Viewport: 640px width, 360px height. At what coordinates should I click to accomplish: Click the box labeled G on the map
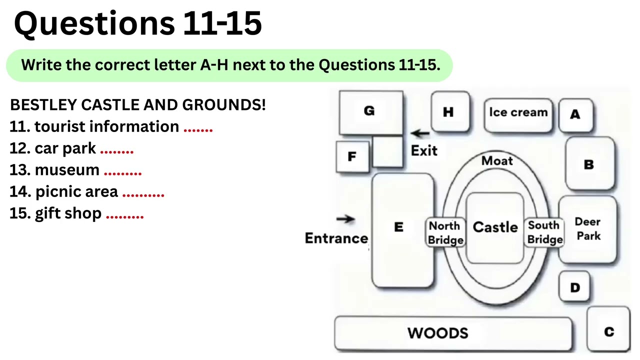point(370,112)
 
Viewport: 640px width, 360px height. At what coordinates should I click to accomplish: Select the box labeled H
point(450,112)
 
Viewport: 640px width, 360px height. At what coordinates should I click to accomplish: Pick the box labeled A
point(575,115)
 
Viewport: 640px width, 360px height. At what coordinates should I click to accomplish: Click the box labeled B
point(589,164)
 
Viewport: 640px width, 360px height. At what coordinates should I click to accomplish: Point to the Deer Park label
point(587,229)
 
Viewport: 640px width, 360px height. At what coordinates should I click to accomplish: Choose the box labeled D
point(574,287)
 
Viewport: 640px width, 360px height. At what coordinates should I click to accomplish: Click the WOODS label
point(437,333)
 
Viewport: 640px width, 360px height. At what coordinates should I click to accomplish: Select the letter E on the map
point(398,227)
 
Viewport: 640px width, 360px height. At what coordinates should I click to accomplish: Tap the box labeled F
point(352,157)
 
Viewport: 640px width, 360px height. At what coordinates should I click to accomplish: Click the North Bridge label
point(445,233)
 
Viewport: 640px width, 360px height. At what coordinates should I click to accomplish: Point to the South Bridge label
point(544,232)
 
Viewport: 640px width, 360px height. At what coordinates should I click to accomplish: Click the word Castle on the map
point(495,227)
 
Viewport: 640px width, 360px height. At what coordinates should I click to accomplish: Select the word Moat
point(497,160)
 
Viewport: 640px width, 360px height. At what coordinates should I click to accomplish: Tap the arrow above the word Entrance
point(345,218)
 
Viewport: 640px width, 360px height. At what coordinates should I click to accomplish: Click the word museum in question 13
point(67,170)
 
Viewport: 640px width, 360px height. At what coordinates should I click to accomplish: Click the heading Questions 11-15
point(138,24)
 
